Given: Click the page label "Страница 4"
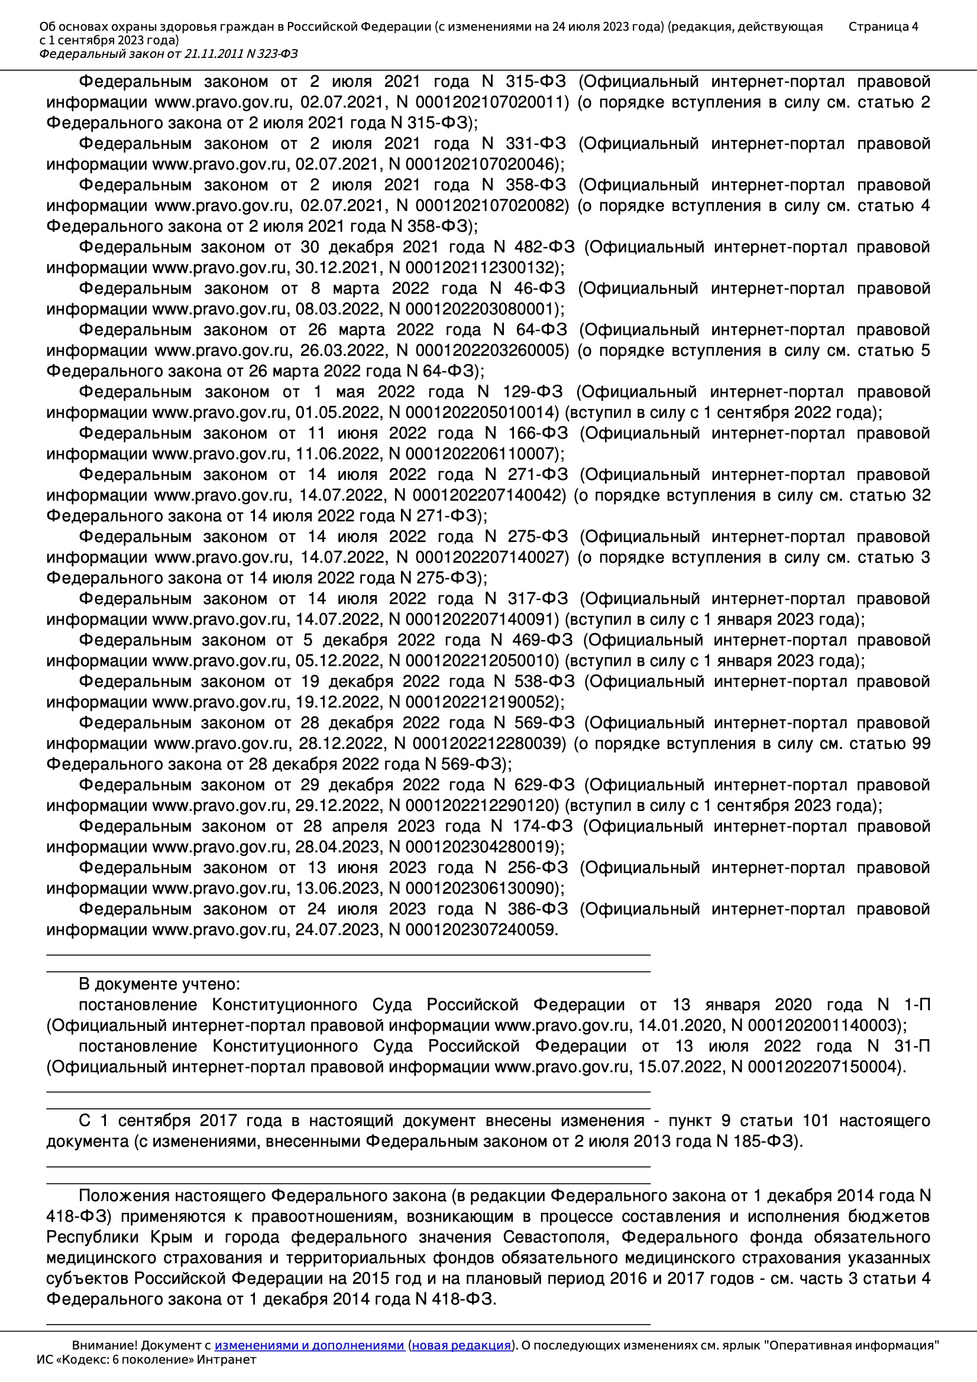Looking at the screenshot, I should pyautogui.click(x=883, y=27).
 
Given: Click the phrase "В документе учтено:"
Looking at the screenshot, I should pyautogui.click(x=159, y=984).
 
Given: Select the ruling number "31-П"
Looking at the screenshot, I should pyautogui.click(x=912, y=1046).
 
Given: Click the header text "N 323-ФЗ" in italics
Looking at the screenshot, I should pyautogui.click(x=271, y=54).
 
